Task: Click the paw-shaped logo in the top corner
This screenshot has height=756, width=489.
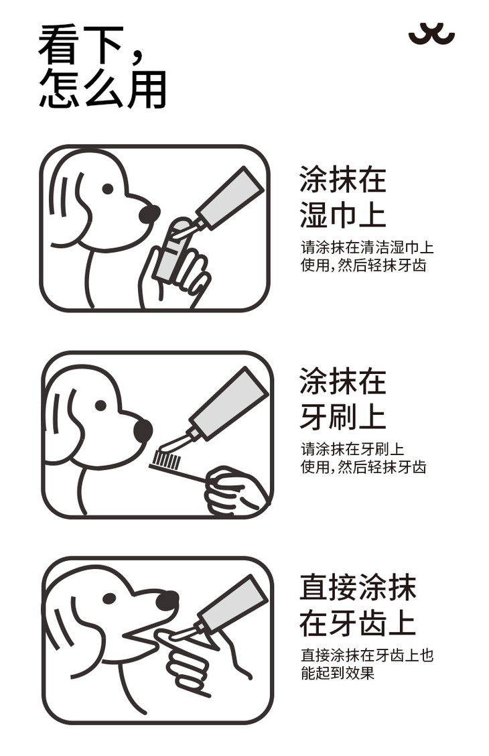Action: pos(431,34)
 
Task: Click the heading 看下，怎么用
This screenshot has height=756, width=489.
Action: pos(102,66)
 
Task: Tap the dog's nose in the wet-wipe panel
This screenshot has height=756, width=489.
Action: pos(149,214)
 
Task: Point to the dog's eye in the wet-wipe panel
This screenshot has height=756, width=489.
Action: pos(108,188)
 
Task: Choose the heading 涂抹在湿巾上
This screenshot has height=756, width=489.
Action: pos(342,197)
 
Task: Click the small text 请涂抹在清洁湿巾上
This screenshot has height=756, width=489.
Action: pos(367,247)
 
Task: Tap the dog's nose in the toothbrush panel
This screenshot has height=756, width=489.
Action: pos(143,430)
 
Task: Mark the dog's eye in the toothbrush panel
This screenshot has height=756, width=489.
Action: pos(100,405)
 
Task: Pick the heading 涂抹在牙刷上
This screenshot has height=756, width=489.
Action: pos(342,398)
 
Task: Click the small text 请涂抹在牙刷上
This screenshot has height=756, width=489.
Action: pos(352,449)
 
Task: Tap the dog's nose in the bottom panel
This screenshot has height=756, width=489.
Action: pos(167,601)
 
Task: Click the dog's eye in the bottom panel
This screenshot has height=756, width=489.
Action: pos(110,598)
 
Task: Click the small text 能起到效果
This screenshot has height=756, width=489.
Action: pos(338,673)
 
